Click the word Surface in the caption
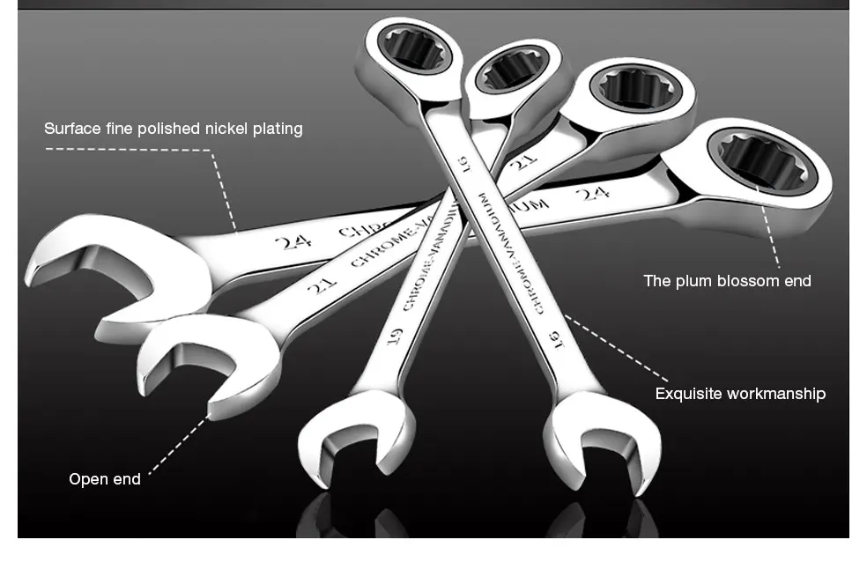point(72,129)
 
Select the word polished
point(170,129)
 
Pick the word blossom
point(743,281)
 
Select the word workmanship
point(776,394)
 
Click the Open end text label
point(105,479)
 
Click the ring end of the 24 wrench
point(760,160)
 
